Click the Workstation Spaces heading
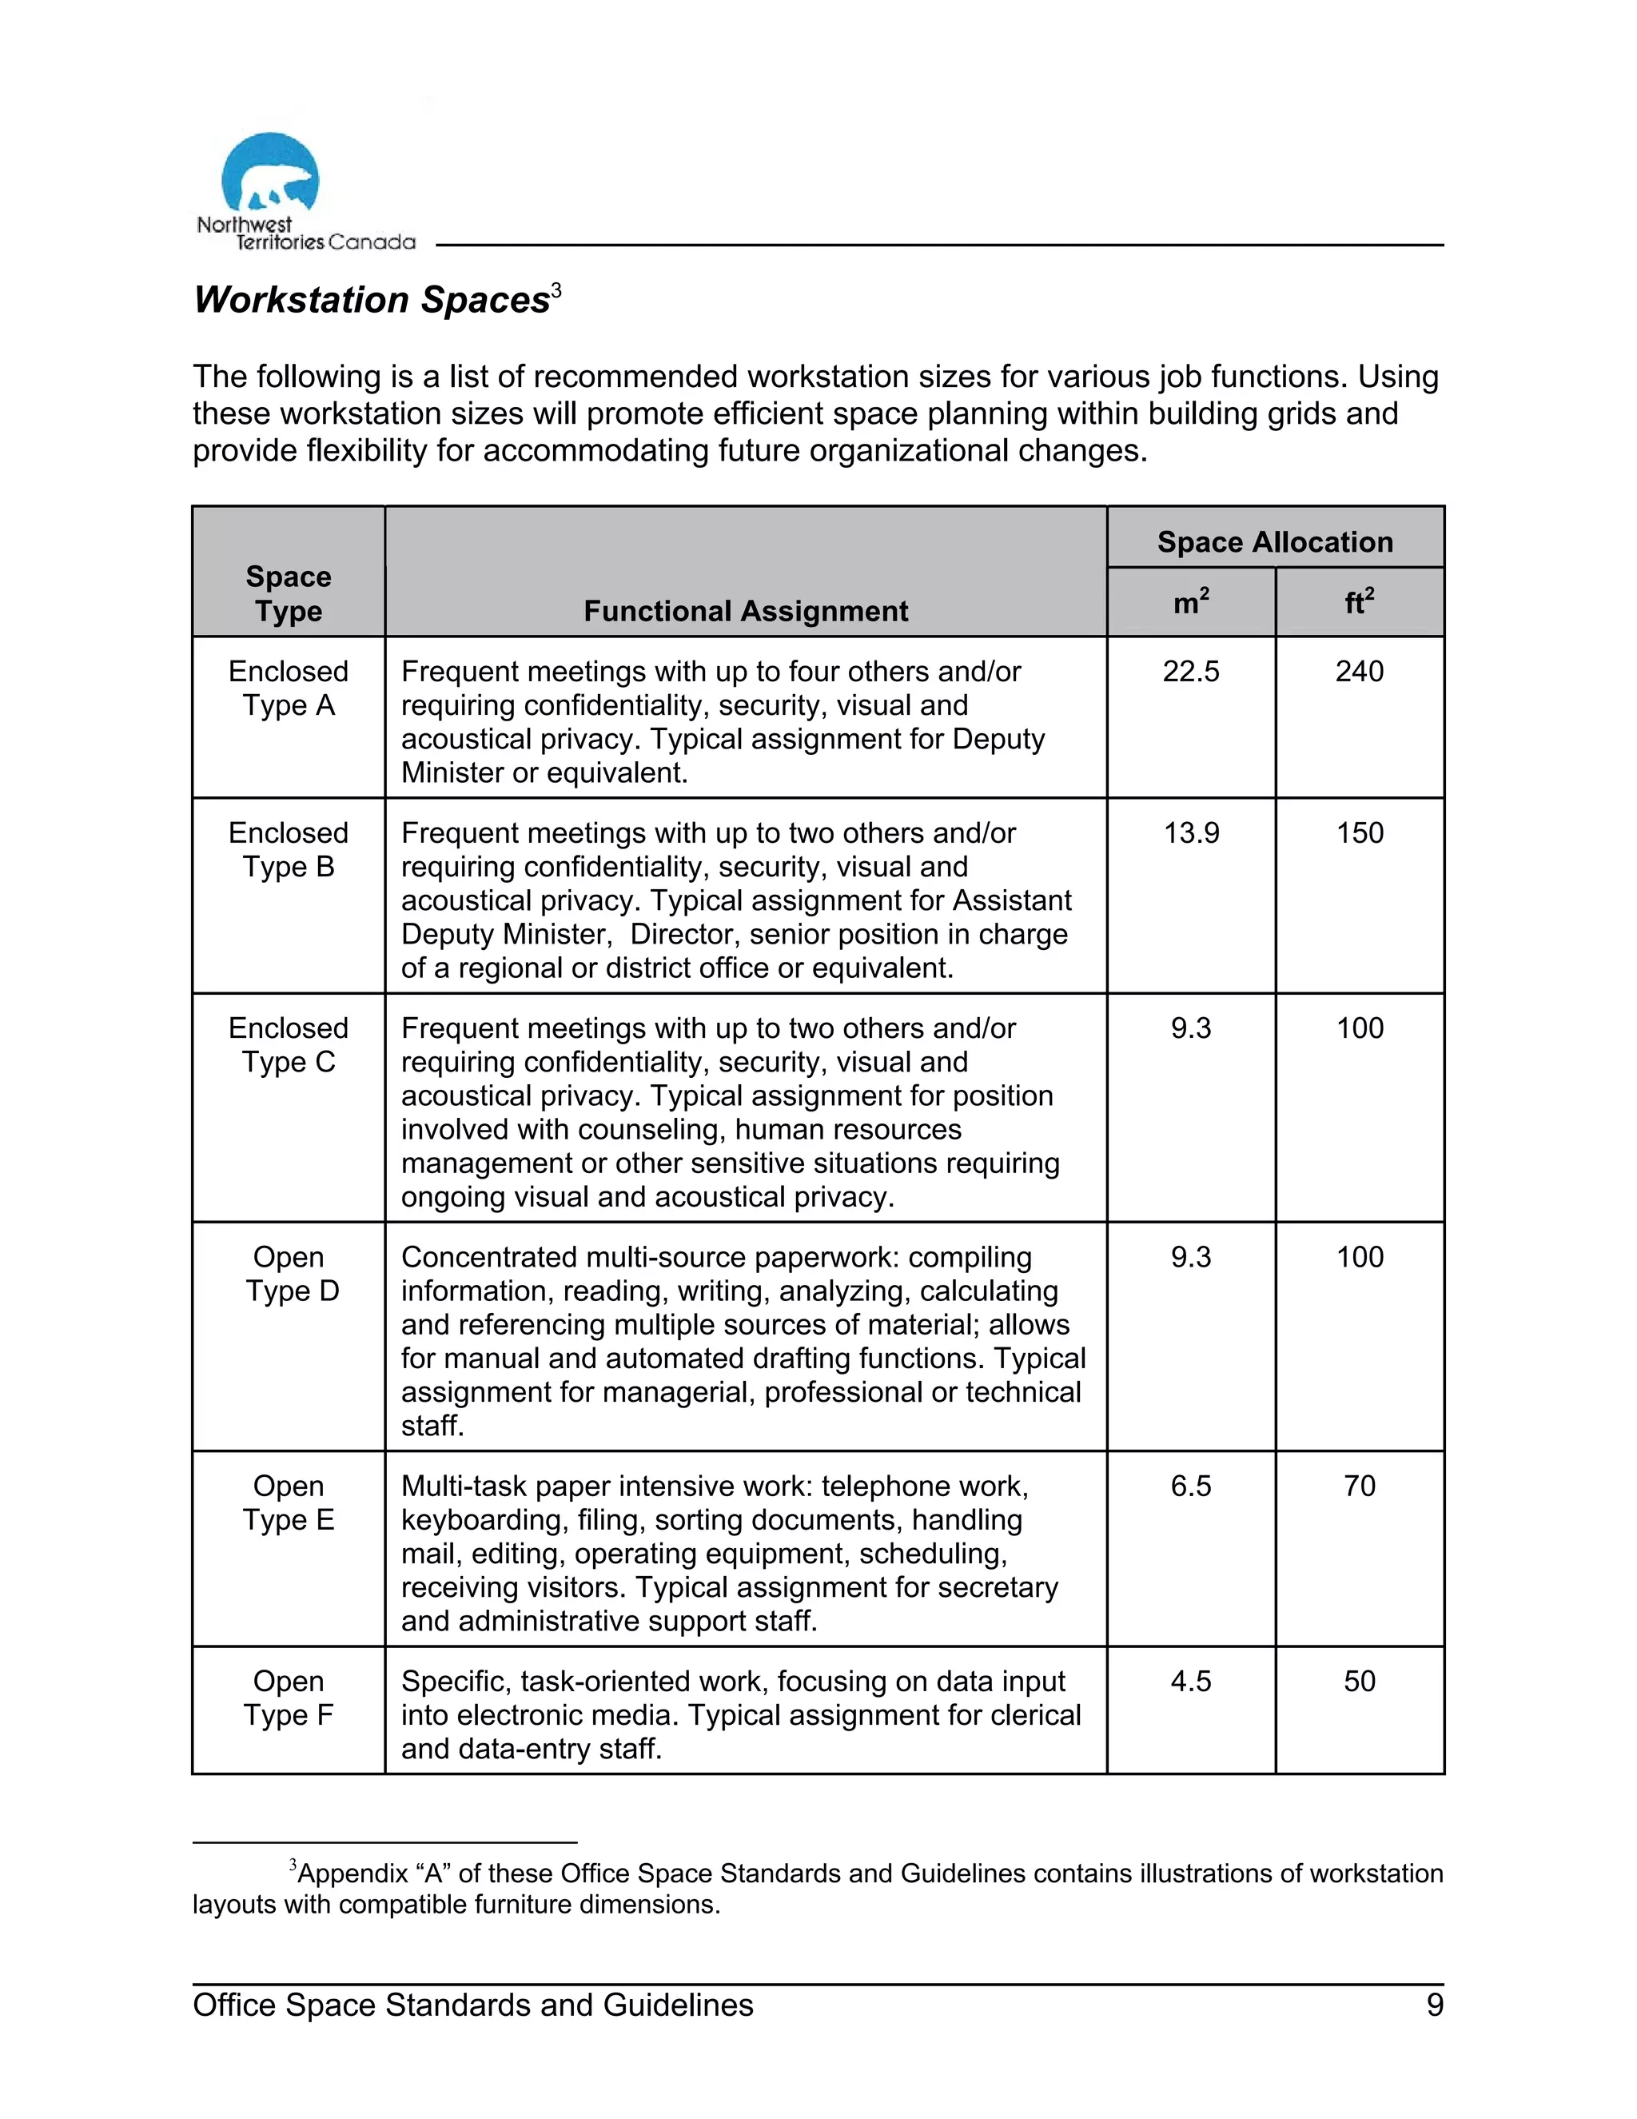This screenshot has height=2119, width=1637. point(372,300)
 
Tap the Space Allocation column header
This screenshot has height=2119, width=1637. point(1274,541)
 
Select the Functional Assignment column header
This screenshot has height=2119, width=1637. point(745,610)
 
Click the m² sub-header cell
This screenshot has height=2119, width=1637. point(1190,603)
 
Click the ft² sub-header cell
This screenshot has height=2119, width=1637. point(1359,603)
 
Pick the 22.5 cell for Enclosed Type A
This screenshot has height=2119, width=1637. point(1190,672)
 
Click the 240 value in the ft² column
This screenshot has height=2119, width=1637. point(1359,672)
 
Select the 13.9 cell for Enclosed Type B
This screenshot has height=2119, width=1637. point(1190,832)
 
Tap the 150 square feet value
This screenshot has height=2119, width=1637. point(1359,832)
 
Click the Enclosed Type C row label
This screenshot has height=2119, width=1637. point(288,1045)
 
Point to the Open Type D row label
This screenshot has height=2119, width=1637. point(288,1274)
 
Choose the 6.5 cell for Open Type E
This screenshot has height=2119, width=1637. point(1190,1486)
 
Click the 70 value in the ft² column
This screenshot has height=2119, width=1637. point(1359,1486)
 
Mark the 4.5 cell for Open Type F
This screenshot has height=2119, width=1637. point(1190,1681)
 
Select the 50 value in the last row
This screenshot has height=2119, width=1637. point(1359,1681)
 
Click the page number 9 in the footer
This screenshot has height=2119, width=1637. point(1434,2005)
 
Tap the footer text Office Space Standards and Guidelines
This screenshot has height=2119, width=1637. point(472,2005)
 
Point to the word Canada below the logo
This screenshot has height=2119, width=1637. point(372,242)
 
